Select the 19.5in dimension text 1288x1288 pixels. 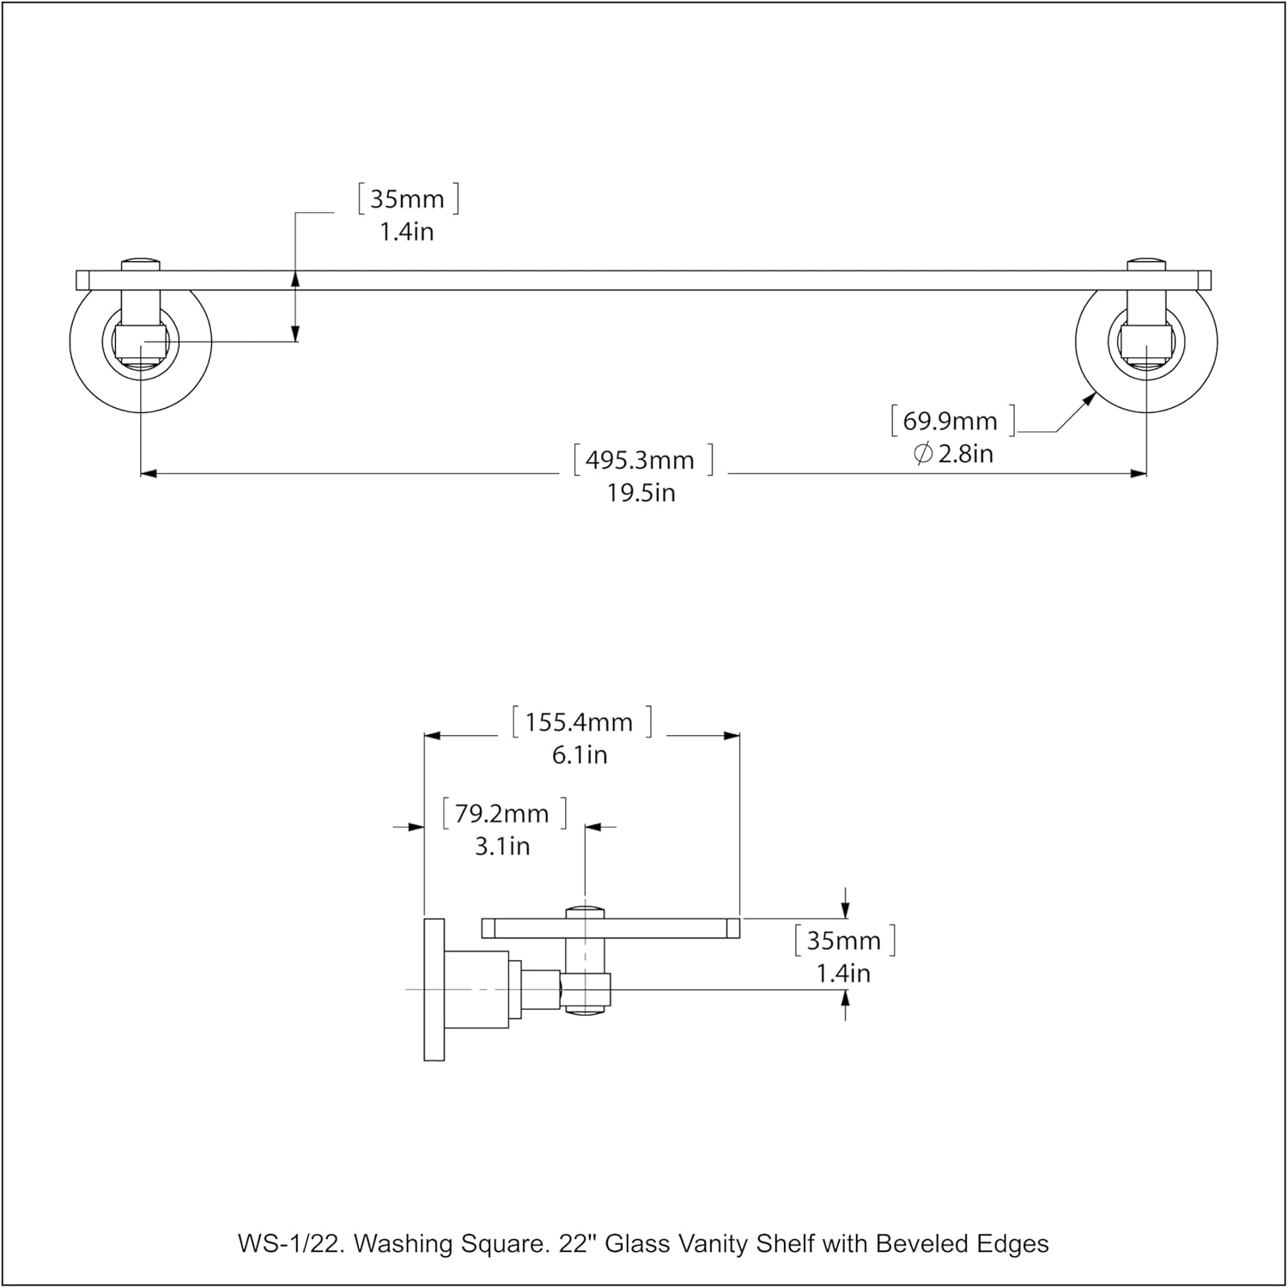(x=641, y=493)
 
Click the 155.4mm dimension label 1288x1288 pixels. (x=580, y=722)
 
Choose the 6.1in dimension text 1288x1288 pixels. (x=580, y=755)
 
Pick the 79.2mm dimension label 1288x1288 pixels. (x=502, y=813)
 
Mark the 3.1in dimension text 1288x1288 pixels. (x=502, y=846)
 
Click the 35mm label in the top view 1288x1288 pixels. (x=407, y=199)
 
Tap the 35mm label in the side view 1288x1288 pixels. (x=844, y=940)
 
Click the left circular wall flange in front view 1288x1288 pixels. (x=86, y=361)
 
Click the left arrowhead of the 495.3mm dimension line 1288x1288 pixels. (x=148, y=473)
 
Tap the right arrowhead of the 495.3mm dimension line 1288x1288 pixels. (x=1139, y=473)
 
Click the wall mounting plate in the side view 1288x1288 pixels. (x=434, y=989)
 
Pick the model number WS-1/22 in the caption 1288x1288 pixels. (x=291, y=1243)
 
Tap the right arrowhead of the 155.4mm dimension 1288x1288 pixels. (x=732, y=736)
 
